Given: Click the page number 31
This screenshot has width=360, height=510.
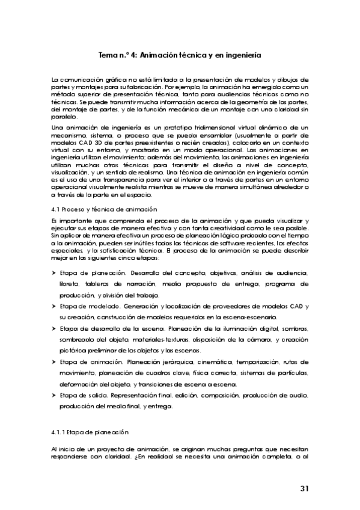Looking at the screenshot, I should pos(304,488).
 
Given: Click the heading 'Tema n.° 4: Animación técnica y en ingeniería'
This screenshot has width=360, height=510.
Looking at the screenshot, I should pos(179,54).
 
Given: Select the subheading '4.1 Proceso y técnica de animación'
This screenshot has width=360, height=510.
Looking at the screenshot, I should pos(103,209).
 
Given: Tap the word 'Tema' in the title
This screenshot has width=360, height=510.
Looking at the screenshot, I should pos(108,54).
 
